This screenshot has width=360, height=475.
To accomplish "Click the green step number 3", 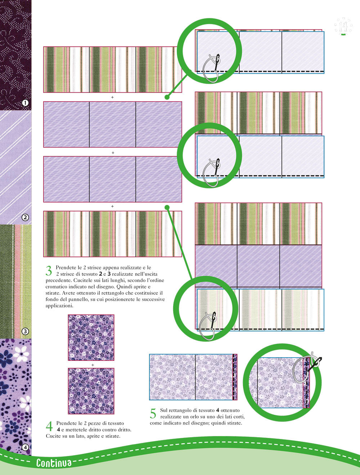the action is [49, 271].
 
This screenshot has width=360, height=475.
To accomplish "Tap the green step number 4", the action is [49, 426].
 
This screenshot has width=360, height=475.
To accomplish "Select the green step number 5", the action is [153, 413].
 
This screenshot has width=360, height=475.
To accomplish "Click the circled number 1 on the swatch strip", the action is [25, 103].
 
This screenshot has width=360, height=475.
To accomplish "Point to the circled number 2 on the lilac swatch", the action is [25, 217].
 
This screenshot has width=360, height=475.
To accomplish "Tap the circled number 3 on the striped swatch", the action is [25, 331].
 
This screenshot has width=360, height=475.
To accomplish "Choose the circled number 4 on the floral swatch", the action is [25, 447].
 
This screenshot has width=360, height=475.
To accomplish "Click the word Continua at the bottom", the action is [54, 463].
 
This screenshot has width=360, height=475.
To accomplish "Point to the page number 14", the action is [343, 27].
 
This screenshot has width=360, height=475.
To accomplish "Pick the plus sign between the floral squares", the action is [93, 365].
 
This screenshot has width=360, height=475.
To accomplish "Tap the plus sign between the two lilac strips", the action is [113, 153].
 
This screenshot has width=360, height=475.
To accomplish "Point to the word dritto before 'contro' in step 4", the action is [102, 430].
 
